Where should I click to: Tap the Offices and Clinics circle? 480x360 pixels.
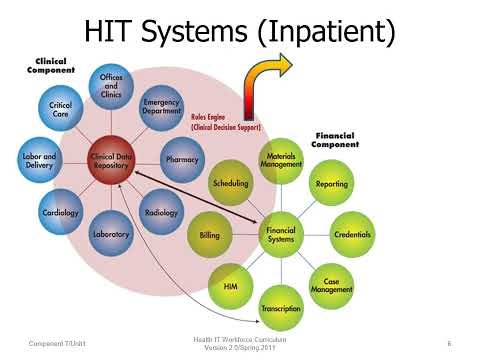click(112, 86)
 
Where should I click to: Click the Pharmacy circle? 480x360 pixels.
click(183, 158)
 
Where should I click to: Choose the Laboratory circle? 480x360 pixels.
click(112, 233)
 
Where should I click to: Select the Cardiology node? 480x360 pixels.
click(61, 211)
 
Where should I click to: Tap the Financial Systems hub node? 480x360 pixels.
click(280, 235)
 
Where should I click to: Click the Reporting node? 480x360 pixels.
click(331, 184)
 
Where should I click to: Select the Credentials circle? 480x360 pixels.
click(352, 235)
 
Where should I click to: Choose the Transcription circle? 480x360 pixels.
click(280, 308)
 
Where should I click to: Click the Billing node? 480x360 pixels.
click(210, 235)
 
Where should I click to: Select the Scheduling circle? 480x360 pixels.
click(230, 184)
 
